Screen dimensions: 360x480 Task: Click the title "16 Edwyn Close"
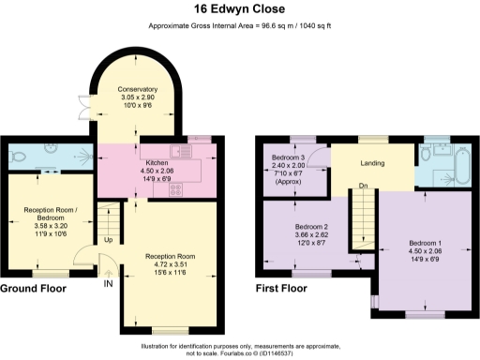(x=239, y=10)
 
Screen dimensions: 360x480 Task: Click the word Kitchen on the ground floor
(x=157, y=162)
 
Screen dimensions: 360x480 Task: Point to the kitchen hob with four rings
(x=174, y=189)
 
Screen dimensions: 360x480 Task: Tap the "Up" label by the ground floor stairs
(x=107, y=240)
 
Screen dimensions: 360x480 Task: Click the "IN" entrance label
(x=108, y=284)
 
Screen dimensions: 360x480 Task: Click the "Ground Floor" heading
(x=33, y=290)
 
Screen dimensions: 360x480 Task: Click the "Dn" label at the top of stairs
(x=362, y=184)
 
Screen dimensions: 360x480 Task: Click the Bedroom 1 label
(x=427, y=245)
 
